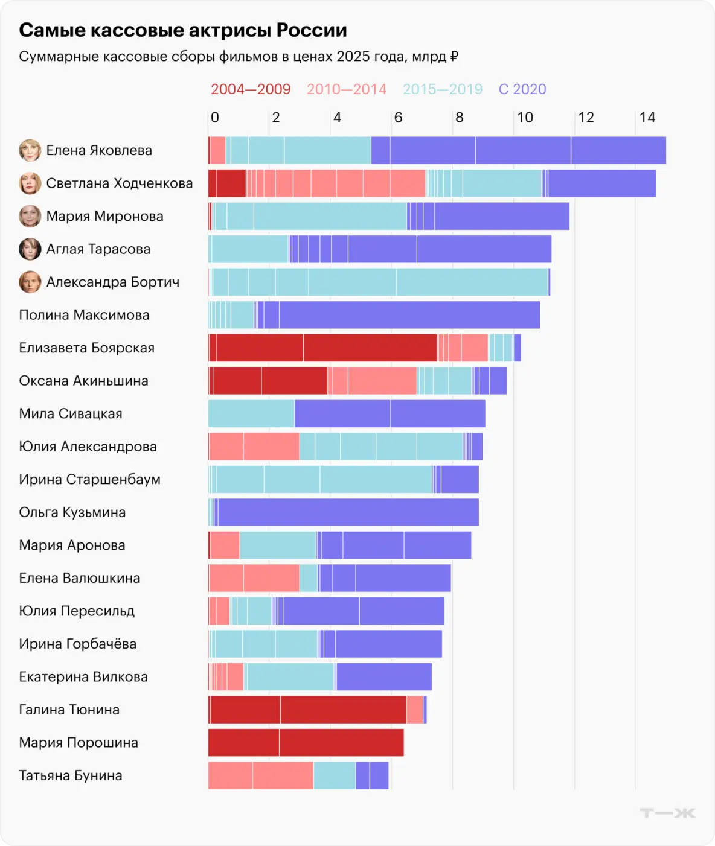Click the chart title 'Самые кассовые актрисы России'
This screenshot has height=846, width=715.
(183, 30)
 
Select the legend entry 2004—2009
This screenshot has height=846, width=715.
(251, 89)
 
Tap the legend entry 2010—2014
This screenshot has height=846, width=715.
(347, 89)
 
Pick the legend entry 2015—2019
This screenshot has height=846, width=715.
(443, 89)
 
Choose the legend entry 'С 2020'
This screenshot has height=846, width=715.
(522, 89)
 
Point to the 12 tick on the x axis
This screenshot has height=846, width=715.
(586, 118)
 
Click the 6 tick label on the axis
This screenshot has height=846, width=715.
(399, 118)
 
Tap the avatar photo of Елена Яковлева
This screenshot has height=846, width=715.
(30, 150)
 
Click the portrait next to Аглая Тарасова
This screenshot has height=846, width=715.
(30, 249)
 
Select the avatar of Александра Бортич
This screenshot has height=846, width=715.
(30, 282)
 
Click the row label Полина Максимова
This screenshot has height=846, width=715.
(84, 315)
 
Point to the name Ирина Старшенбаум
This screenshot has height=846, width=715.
(89, 479)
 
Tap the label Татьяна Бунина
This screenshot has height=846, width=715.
(71, 775)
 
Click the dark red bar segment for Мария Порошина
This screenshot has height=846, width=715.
(306, 742)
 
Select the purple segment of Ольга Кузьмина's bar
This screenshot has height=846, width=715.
(348, 512)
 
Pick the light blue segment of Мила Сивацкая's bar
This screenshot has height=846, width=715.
(251, 413)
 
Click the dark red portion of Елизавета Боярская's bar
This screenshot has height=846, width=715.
(322, 348)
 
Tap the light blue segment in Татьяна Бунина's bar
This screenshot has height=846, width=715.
(335, 775)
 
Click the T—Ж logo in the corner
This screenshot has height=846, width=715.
(667, 813)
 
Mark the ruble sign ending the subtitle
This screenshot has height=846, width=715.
(454, 57)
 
